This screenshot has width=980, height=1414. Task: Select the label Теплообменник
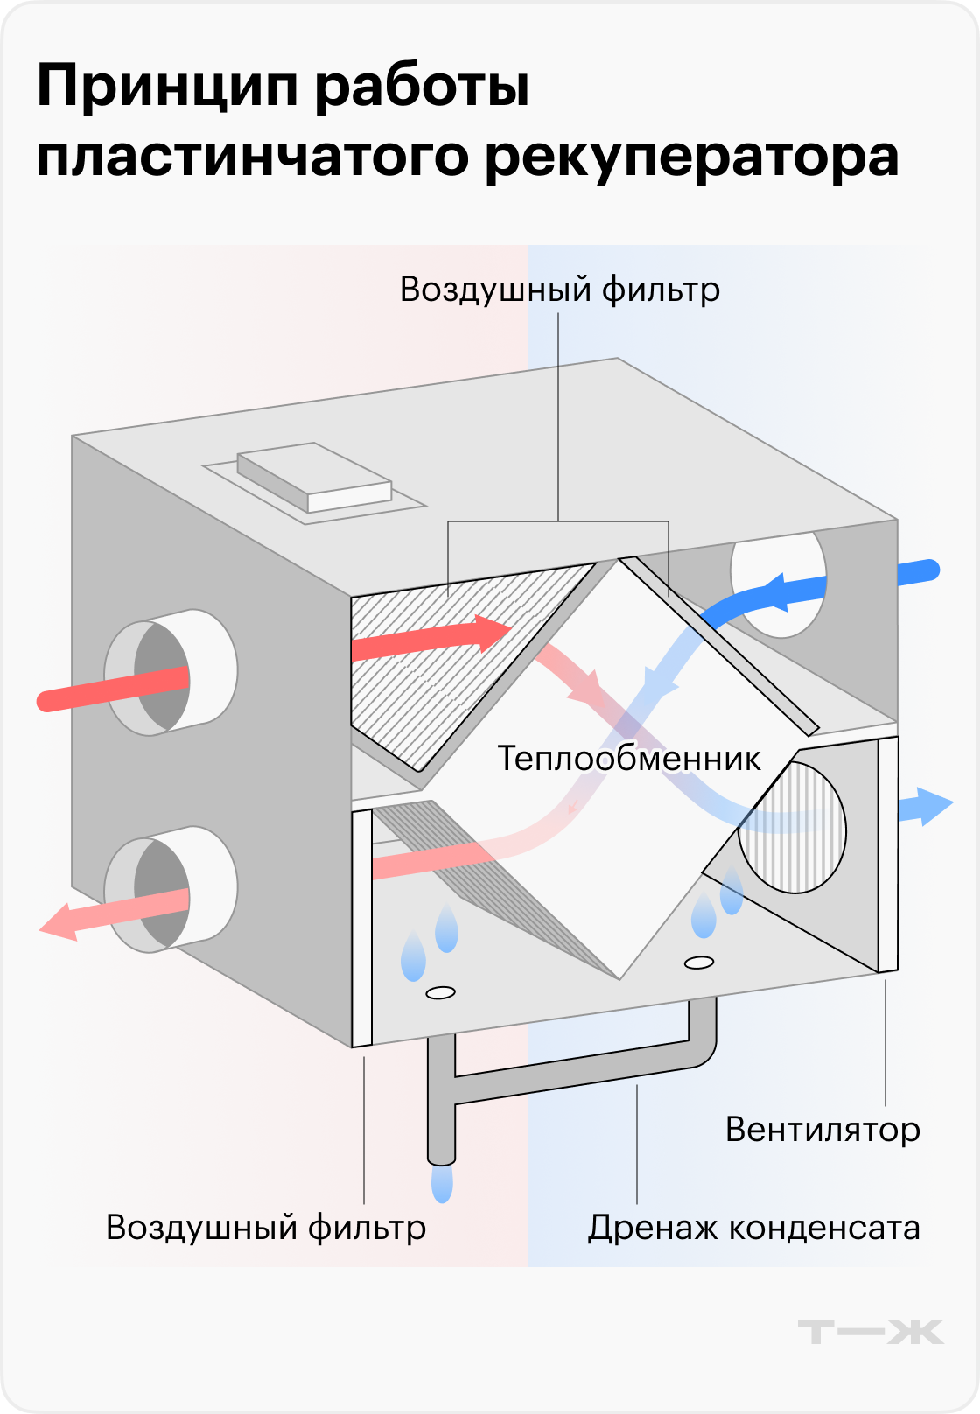click(x=629, y=758)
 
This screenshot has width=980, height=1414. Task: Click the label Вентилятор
click(x=822, y=1130)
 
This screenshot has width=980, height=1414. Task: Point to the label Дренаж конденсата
click(x=753, y=1228)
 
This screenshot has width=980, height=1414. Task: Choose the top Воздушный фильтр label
click(x=560, y=290)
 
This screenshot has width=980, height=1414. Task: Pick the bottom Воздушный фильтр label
click(x=266, y=1228)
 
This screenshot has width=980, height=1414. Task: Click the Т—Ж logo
click(x=871, y=1331)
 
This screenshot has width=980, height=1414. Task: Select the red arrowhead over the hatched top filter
click(x=490, y=633)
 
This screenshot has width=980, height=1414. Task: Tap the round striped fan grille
click(x=792, y=827)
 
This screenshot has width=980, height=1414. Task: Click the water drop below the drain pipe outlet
click(x=443, y=1183)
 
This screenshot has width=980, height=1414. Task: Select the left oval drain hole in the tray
click(x=440, y=992)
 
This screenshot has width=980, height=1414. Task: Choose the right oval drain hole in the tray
click(x=699, y=962)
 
